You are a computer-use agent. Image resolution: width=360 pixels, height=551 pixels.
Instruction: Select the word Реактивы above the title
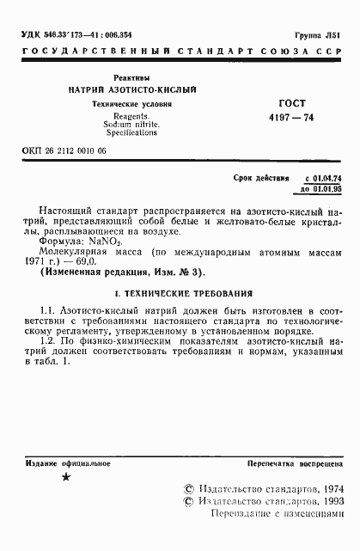coord(133,77)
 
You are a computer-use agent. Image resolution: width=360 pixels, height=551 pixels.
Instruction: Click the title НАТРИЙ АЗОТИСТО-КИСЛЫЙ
coord(133,90)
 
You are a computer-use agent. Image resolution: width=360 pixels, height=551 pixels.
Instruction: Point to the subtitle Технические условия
coord(133,104)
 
